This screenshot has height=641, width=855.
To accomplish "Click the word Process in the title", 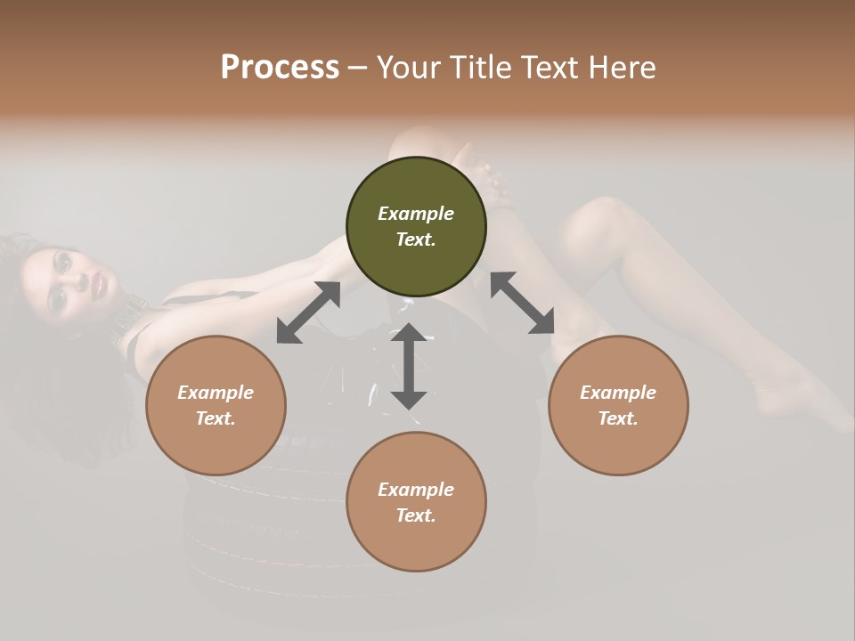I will coord(280,68).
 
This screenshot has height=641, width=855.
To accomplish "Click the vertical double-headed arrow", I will coord(409,366).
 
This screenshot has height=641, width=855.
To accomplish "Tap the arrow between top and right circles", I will coord(522,303).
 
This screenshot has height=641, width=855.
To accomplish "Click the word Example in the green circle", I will coord(416,214).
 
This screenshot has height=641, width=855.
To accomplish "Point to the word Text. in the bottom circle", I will coord(416,515).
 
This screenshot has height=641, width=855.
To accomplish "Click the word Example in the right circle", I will coord(618,393).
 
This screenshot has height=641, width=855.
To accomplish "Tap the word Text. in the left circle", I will coord(216,418).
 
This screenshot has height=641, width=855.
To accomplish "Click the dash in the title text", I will coord(357,68).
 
